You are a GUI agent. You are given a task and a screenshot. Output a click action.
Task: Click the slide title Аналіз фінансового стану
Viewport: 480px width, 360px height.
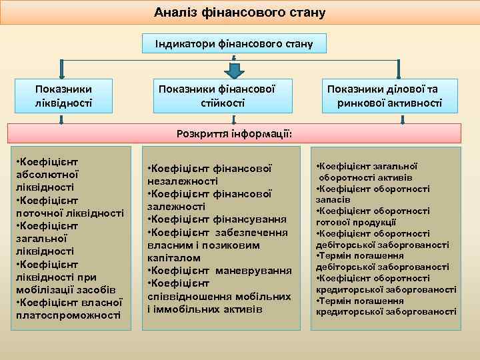click(239, 13)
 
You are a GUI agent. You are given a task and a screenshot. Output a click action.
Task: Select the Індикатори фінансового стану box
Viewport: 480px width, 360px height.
click(235, 44)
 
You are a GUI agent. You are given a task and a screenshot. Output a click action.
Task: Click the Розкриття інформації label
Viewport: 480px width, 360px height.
click(234, 133)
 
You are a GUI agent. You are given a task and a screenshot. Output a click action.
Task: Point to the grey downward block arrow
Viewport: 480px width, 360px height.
click(235, 70)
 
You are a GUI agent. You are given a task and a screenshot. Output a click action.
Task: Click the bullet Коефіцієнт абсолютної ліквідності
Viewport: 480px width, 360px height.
click(51, 175)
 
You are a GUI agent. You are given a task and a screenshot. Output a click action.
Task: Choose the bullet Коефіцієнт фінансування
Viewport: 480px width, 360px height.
click(217, 219)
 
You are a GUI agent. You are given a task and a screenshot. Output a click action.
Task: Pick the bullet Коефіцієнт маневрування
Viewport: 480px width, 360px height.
click(219, 271)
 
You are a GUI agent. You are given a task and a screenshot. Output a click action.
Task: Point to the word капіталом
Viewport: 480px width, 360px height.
click(170, 257)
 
